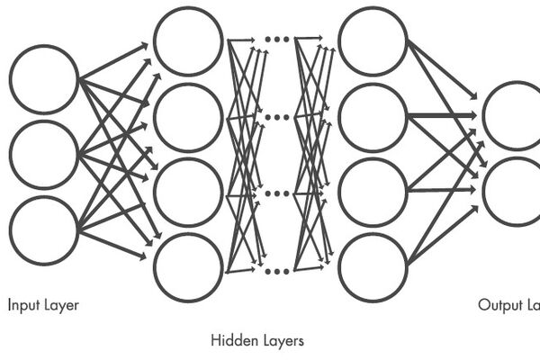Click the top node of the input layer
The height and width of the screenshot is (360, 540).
pos(44,80)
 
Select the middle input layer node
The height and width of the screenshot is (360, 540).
pos(44,155)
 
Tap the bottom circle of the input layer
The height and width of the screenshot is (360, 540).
pos(44,230)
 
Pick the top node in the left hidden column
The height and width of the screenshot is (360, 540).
pos(188,42)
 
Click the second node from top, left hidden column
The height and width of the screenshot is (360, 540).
pos(188,117)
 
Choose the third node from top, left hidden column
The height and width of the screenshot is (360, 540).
pos(188,193)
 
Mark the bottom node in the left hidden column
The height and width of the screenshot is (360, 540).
pos(188,267)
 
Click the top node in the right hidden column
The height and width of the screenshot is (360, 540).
pos(373,42)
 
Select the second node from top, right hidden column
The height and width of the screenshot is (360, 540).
pos(373,117)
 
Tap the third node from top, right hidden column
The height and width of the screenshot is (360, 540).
pos(373,193)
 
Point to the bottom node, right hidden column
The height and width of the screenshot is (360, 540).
pos(373,267)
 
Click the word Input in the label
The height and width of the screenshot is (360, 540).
pos(23,306)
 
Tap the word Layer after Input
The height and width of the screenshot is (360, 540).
pos(61,306)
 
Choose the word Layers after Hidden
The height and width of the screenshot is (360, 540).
pos(282,341)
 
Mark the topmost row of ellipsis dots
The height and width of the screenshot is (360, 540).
pos(278,40)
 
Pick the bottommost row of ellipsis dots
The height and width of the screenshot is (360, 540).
pos(278,270)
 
